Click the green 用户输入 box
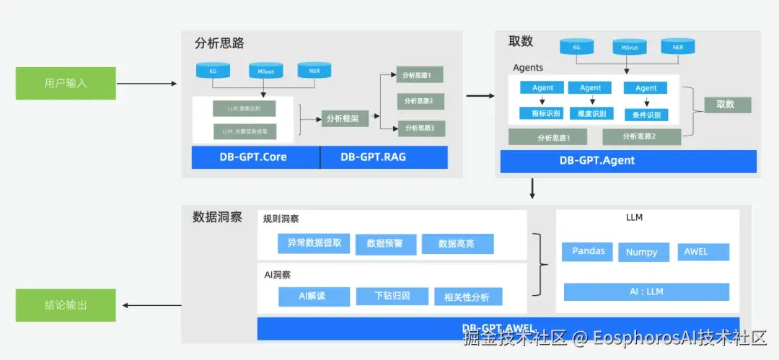point(66,84)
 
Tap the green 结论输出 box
point(66,305)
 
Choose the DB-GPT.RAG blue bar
point(384,157)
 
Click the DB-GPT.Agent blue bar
point(628,161)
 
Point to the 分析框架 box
point(346,118)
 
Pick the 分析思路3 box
point(419,128)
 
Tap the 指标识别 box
point(540,113)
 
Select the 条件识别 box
point(646,115)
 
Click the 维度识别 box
point(591,113)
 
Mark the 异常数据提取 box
point(314,244)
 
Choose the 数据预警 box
point(386,245)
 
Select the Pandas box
point(588,252)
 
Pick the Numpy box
point(641,253)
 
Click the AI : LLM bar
point(646,291)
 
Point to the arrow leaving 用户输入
point(146,84)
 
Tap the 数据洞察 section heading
point(217,217)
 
